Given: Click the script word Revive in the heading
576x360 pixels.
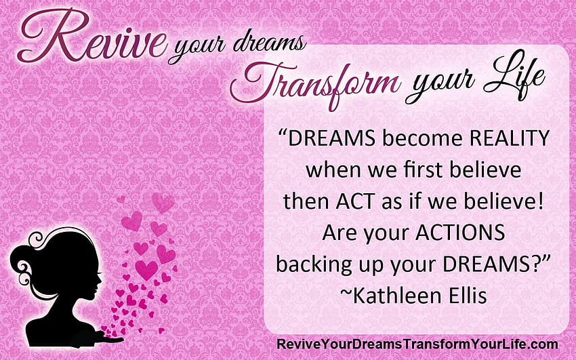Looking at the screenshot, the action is click(92, 36).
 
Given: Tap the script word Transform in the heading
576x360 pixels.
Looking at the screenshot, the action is click(315, 84).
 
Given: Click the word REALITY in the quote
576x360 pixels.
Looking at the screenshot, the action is click(510, 138).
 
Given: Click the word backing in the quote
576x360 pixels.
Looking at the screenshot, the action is click(314, 265).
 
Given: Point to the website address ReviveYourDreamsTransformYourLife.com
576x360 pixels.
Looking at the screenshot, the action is click(417, 344).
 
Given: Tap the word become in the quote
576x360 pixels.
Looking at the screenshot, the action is click(422, 138).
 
